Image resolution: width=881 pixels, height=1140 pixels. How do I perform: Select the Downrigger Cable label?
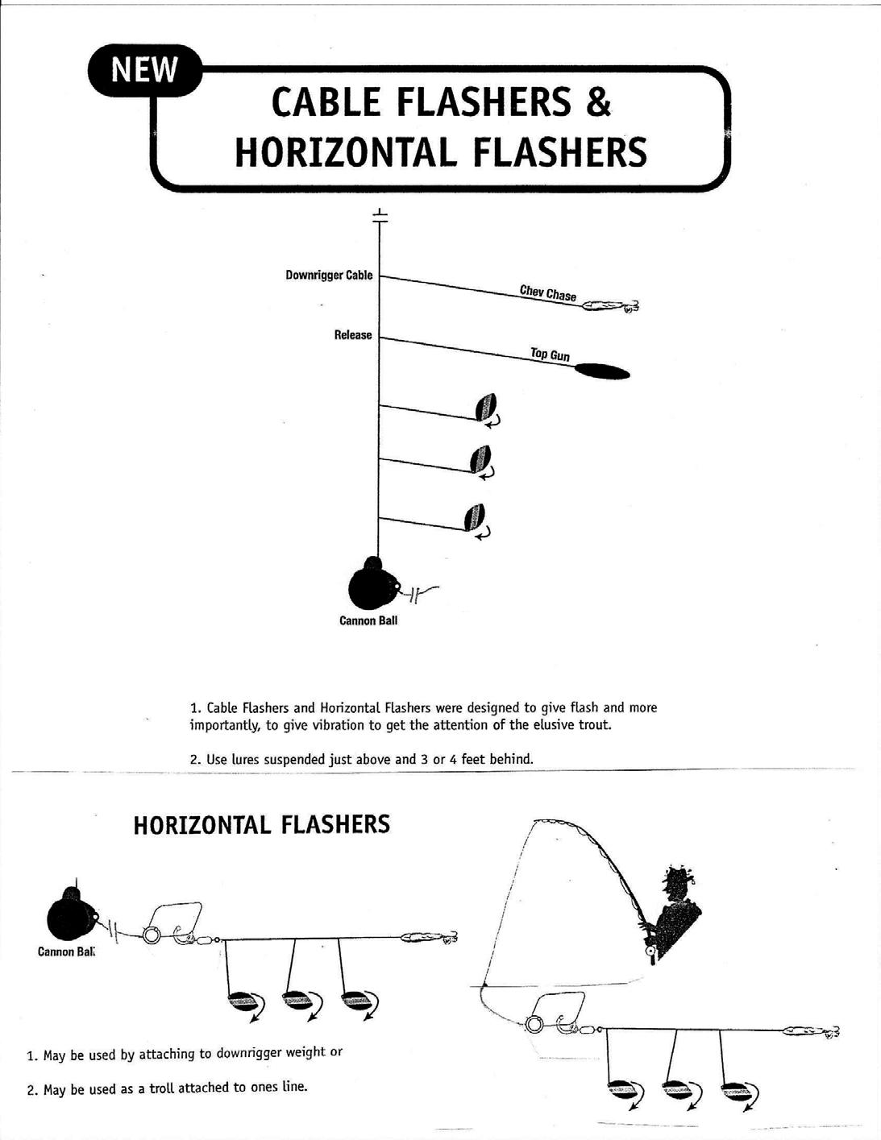pyautogui.click(x=329, y=276)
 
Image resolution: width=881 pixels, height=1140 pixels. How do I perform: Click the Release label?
pyautogui.click(x=353, y=335)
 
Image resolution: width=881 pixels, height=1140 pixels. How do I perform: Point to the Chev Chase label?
pyautogui.click(x=548, y=293)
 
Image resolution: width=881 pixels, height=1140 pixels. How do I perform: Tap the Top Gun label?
pyautogui.click(x=550, y=354)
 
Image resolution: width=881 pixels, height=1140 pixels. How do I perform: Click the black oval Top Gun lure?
pyautogui.click(x=601, y=371)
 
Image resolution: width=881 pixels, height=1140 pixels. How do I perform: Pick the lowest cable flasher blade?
pyautogui.click(x=475, y=516)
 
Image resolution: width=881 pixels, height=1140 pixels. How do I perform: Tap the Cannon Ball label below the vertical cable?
pyautogui.click(x=368, y=621)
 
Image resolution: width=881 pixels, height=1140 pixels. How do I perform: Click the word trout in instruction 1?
pyautogui.click(x=594, y=725)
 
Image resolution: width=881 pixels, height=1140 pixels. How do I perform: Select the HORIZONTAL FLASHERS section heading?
pyautogui.click(x=261, y=825)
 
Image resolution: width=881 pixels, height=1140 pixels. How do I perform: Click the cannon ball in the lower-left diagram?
pyautogui.click(x=71, y=915)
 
